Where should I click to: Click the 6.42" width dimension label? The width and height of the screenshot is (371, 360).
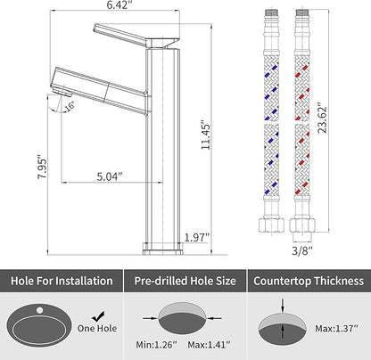coord(119,4)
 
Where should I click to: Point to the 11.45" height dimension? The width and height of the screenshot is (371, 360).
coord(205,135)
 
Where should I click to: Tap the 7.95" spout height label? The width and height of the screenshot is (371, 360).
coord(42,167)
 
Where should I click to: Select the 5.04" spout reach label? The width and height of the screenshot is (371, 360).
coord(110,176)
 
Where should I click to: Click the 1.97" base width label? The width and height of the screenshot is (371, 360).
coord(197,238)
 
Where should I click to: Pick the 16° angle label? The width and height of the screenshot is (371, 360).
coord(70,106)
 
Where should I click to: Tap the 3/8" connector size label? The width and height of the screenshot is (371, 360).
coord(302,250)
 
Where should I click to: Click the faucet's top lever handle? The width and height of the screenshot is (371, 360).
coord(136,36)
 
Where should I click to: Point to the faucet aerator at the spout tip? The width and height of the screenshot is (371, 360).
coord(62,90)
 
